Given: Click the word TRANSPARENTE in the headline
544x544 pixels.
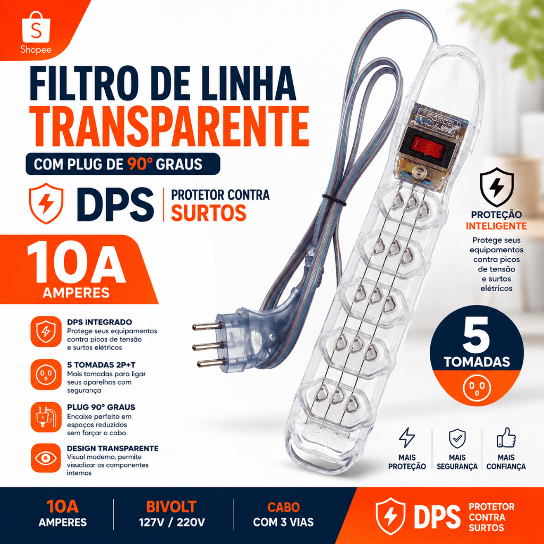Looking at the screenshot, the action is (x=169, y=126).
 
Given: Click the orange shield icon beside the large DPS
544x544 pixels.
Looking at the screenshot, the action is (x=46, y=203).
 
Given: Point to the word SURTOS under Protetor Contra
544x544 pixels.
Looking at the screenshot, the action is (x=208, y=212).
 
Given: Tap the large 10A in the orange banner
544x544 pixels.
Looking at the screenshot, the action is (x=76, y=262).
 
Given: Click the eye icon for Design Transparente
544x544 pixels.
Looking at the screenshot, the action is (x=46, y=458).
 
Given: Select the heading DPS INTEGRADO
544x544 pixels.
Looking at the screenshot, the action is (x=99, y=322).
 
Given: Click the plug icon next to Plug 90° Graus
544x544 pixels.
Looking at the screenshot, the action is (x=46, y=417).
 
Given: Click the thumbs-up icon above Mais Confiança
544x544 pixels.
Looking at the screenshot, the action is (x=506, y=438).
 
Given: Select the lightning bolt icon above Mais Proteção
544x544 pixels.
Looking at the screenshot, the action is (x=406, y=438).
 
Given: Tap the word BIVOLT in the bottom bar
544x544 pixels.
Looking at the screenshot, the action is (x=172, y=507).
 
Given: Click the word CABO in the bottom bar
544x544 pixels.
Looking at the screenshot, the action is (x=284, y=507).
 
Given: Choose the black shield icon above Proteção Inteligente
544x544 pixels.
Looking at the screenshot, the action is (x=497, y=188).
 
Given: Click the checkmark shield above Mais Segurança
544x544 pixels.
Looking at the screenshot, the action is (x=457, y=438).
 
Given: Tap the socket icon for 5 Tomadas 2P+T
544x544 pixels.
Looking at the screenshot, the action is (x=46, y=375).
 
